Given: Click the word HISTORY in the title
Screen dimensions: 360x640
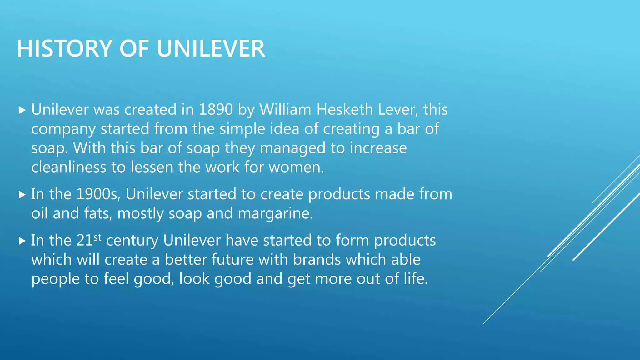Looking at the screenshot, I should coord(64,49).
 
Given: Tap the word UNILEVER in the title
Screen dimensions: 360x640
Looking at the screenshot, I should coord(211,49).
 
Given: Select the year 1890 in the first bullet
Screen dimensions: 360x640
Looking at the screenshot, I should coord(216,110).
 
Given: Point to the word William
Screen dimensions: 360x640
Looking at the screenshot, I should coord(285,110).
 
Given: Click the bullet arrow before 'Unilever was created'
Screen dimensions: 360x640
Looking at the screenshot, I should coord(22,110).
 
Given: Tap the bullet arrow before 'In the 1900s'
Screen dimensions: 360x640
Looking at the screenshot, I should coord(22,195).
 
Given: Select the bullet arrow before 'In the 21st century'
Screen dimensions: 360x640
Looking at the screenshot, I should coord(22,241).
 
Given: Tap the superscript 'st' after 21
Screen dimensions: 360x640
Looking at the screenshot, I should coord(97,237).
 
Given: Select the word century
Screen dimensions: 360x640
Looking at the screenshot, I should coord(132,241).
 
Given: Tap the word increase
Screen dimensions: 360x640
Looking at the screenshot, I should coord(378,148).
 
